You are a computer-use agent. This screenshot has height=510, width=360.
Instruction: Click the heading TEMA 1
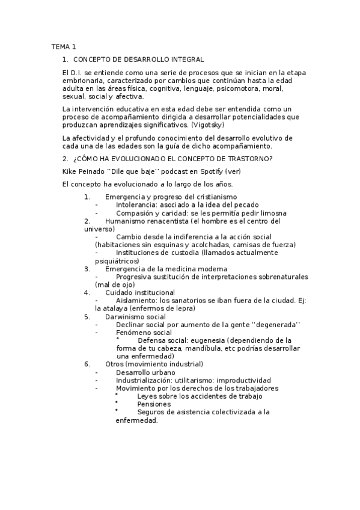point(63,46)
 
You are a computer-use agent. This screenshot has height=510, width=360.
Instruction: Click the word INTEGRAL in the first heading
point(188,60)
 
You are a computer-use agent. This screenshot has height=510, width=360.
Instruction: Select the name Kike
point(70,171)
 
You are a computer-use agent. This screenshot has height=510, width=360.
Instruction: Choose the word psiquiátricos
point(117,261)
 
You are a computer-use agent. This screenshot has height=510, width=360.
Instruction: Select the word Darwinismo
point(128,316)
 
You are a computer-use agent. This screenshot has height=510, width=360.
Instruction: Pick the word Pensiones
point(154,404)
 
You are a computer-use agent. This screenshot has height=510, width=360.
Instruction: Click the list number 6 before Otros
point(87,364)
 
